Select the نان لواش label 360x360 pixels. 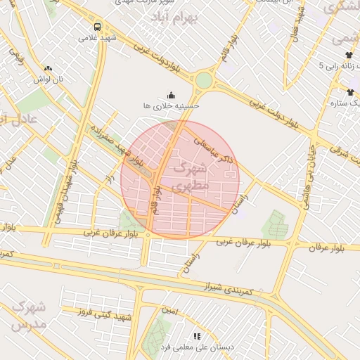click(x=49, y=79)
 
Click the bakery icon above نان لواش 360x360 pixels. click(x=48, y=68)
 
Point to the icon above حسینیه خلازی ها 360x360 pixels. click(x=171, y=94)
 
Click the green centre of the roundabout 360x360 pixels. click(x=203, y=80)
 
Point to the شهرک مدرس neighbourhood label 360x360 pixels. click(x=30, y=316)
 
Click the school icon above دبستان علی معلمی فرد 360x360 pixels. click(x=197, y=336)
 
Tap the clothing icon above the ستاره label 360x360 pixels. click(x=350, y=92)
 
